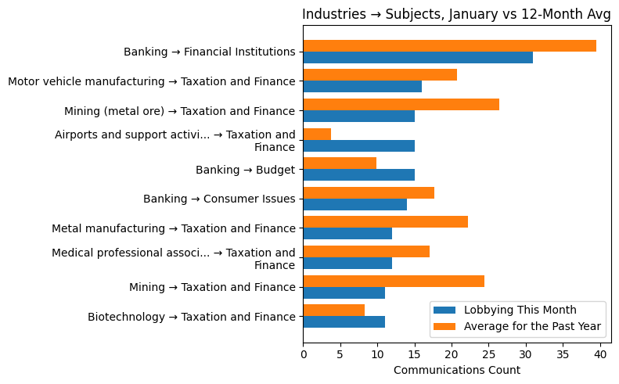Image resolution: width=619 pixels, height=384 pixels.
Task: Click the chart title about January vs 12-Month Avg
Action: point(456,14)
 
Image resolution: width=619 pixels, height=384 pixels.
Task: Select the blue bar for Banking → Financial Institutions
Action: point(417,58)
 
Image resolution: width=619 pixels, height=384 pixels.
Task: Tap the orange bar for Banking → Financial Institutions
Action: point(449,46)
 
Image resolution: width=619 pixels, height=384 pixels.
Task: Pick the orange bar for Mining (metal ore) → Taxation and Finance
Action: point(401,105)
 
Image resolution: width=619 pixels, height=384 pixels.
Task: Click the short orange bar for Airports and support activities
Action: point(317,135)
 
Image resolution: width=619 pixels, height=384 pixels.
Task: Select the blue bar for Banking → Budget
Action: point(358,175)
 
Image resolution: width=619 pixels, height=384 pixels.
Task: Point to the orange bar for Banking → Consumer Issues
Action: point(369,193)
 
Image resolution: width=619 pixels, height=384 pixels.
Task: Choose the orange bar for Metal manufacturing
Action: point(385,222)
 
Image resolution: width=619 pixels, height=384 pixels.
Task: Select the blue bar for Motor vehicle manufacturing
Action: point(362,87)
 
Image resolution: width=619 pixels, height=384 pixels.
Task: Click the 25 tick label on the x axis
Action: point(488,354)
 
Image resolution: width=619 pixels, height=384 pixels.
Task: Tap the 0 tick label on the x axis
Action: point(303,354)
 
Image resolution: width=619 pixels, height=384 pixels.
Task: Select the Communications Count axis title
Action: point(456,370)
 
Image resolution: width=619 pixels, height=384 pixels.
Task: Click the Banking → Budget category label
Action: point(245,170)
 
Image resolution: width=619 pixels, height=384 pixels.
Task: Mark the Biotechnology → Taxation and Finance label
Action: point(192,317)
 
